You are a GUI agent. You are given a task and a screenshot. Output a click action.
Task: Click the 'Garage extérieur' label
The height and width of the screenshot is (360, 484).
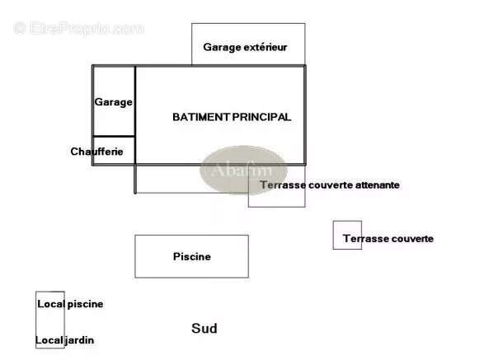[x=245, y=47]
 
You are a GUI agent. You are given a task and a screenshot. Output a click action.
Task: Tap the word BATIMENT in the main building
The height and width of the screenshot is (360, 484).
[x=201, y=117]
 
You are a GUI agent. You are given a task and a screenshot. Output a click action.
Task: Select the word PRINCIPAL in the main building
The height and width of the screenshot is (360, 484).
[x=261, y=117]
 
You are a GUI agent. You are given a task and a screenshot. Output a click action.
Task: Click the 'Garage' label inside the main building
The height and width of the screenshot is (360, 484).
[x=113, y=102]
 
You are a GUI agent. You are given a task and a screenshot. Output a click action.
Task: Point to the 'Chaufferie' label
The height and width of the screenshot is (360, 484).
[x=96, y=152]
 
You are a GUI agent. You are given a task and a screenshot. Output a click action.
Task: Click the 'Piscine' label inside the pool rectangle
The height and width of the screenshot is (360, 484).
[x=192, y=256]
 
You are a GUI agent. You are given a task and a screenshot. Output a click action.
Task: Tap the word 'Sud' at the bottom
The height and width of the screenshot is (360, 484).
[x=204, y=328]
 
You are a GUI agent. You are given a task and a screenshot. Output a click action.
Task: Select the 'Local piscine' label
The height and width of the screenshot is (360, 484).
[x=70, y=304]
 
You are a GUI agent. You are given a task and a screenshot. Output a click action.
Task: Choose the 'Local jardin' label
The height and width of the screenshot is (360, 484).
[x=64, y=340]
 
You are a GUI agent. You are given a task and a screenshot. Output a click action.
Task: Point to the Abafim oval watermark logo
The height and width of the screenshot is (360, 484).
[x=243, y=170]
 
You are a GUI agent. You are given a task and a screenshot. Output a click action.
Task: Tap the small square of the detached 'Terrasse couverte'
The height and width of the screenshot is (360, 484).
[x=347, y=235]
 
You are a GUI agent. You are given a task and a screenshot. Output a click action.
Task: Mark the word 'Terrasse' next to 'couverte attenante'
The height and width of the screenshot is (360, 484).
[x=283, y=185]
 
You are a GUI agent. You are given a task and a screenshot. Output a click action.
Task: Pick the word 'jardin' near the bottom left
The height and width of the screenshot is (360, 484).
[x=80, y=340]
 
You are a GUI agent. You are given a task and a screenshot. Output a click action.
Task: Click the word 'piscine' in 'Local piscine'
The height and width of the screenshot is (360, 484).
[x=85, y=305]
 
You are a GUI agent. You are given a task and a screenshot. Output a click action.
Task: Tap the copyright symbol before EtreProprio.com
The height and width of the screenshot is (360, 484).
[x=20, y=28]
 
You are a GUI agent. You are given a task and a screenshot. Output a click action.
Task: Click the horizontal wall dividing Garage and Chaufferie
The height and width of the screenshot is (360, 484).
[x=114, y=136]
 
